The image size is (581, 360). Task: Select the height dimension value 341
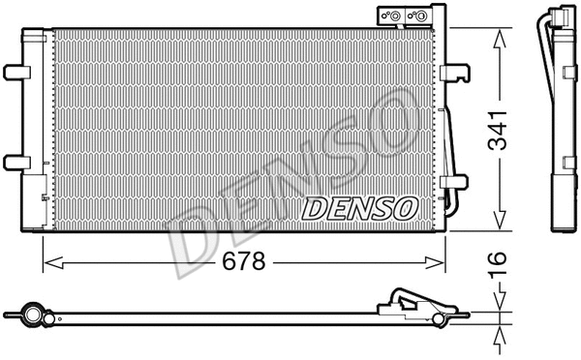499,132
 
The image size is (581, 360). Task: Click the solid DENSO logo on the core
360,207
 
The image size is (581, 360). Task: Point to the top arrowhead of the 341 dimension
499,35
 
